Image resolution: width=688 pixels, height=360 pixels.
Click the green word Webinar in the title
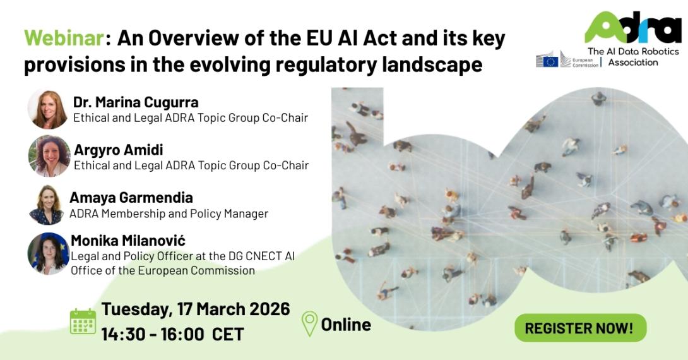click(x=64, y=39)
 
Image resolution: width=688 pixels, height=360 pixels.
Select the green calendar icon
click(x=83, y=321)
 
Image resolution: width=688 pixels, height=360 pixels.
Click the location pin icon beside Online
click(x=309, y=324)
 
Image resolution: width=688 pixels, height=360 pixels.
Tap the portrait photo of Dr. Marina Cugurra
click(x=48, y=109)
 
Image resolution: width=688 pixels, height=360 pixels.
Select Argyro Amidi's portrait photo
click(x=49, y=155)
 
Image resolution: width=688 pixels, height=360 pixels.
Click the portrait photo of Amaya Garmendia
click(x=47, y=205)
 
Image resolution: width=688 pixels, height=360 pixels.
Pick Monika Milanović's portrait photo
click(x=48, y=253)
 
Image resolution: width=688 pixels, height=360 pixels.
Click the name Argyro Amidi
click(x=119, y=150)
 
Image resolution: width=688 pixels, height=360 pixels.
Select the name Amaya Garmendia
click(x=131, y=198)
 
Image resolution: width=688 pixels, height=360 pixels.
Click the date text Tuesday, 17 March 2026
click(x=196, y=309)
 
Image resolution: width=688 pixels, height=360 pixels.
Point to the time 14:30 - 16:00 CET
click(x=172, y=334)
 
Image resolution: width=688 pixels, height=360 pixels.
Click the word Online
click(x=346, y=325)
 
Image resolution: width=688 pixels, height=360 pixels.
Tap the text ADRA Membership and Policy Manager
click(x=169, y=213)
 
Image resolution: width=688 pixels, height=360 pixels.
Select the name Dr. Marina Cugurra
click(x=136, y=102)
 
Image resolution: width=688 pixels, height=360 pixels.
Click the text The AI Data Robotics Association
click(x=632, y=56)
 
